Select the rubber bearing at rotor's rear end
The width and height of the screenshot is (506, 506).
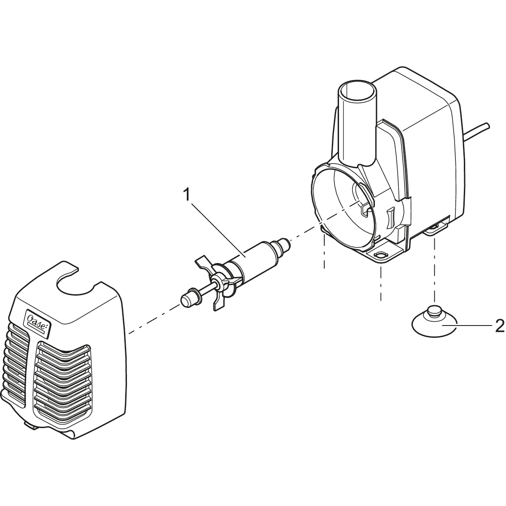[283, 245]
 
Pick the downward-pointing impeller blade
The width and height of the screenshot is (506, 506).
[220, 303]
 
